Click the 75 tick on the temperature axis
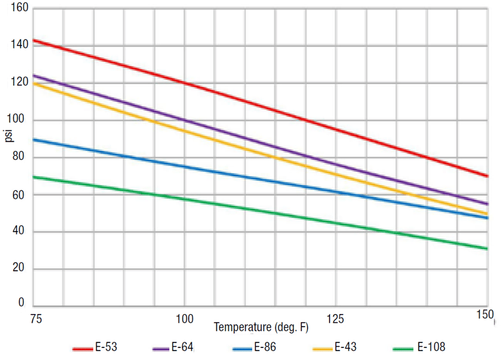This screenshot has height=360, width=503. (x=36, y=319)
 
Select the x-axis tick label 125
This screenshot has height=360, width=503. (x=336, y=319)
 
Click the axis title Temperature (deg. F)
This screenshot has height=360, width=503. (x=261, y=328)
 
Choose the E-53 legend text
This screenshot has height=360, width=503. (x=106, y=347)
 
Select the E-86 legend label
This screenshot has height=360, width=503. (x=265, y=347)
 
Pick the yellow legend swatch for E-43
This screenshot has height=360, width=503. (x=322, y=347)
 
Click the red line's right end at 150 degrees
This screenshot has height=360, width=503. (x=487, y=176)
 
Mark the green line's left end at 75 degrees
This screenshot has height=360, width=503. (x=33, y=177)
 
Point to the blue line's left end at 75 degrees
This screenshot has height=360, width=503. (x=33, y=139)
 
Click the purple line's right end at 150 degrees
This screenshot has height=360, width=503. (x=487, y=204)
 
